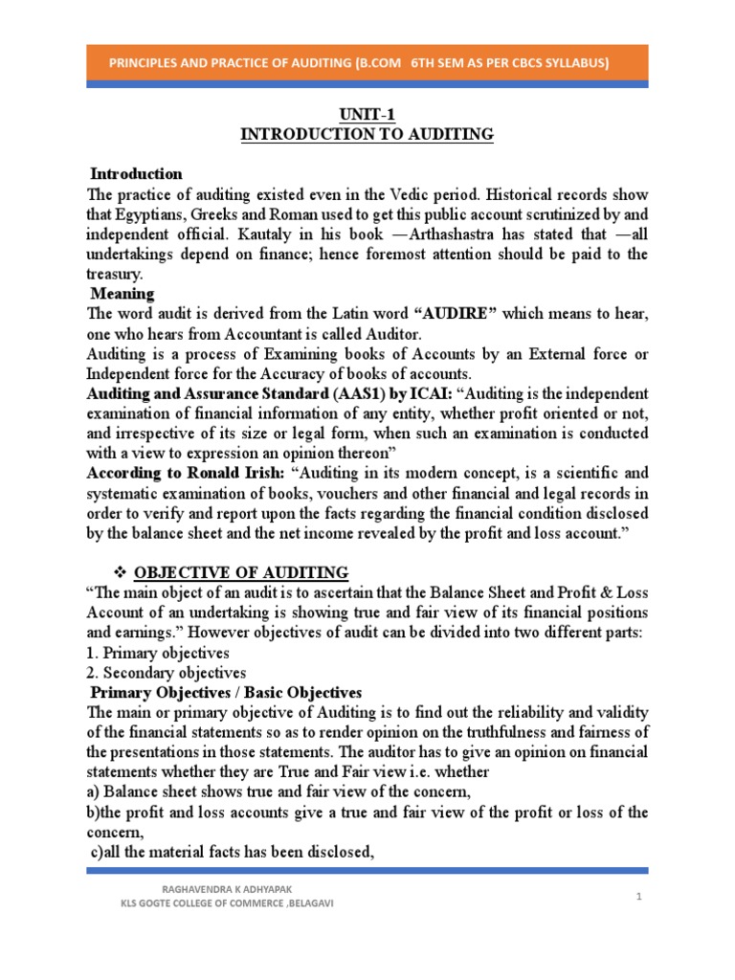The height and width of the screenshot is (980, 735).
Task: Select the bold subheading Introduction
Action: pos(136,174)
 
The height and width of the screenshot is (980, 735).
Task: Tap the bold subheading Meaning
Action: pos(122,293)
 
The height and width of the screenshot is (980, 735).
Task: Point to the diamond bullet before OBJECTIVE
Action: pos(122,572)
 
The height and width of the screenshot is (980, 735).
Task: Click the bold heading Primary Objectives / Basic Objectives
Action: pos(243,693)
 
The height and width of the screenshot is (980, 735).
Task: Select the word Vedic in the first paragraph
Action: pos(414,194)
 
